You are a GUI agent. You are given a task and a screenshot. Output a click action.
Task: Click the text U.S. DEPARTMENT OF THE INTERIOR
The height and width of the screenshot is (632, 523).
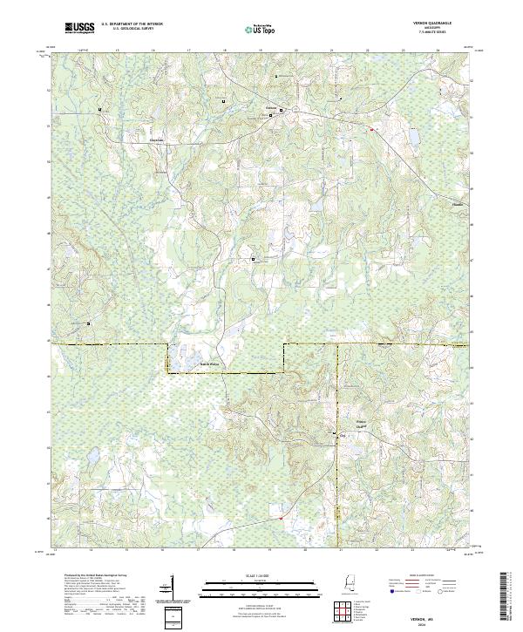[132, 24]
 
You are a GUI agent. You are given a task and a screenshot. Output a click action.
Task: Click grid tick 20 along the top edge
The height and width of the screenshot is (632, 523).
[296, 51]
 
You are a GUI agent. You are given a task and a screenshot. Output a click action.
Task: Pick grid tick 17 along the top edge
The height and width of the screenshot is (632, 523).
[189, 51]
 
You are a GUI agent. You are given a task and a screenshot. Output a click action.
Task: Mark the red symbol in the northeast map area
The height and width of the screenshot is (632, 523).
[371, 130]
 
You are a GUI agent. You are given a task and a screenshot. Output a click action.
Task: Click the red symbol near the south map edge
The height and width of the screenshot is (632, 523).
[281, 519]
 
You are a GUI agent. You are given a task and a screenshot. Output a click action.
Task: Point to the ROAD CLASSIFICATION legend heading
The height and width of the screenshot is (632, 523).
[413, 577]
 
